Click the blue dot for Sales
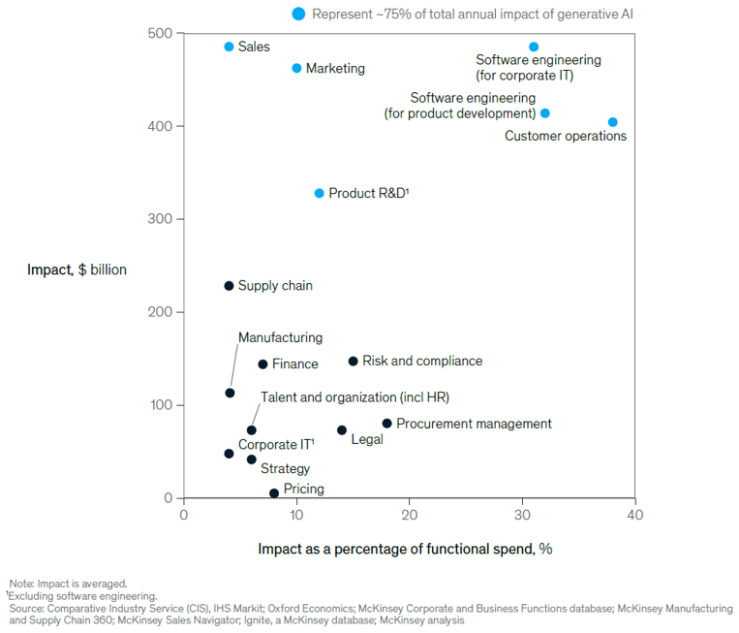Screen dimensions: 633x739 [230, 47]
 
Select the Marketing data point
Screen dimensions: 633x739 [297, 68]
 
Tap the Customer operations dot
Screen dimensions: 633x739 [612, 122]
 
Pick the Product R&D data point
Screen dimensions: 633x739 [319, 193]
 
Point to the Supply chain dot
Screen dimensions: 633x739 [230, 286]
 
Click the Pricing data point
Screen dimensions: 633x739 [274, 493]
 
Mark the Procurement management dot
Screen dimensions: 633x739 [387, 424]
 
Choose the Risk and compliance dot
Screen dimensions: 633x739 [354, 362]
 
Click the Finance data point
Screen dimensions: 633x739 [262, 364]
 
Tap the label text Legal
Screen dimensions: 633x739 [367, 439]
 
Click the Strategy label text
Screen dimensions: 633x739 [285, 468]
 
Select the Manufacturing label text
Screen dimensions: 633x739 [280, 337]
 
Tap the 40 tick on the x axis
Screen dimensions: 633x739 [634, 514]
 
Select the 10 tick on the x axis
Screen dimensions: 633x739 [296, 514]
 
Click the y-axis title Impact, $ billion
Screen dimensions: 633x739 [77, 269]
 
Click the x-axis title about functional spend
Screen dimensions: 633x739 [405, 549]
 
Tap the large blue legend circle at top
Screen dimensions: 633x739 [299, 14]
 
